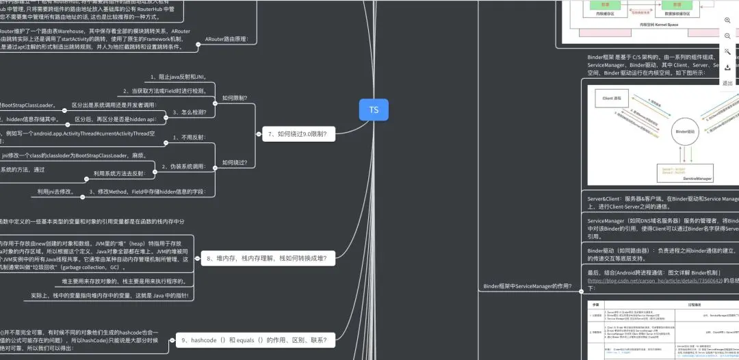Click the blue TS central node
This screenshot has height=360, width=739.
pos(374,110)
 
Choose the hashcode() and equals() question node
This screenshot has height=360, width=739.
pos(253,339)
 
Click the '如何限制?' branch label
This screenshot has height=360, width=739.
pos(235,99)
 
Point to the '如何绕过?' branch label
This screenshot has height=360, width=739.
pos(235,163)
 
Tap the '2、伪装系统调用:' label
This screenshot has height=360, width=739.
pos(183,166)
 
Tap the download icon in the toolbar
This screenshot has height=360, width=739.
pos(727,68)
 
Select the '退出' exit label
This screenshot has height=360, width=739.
pos(727,83)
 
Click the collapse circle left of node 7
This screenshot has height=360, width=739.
pos(257,135)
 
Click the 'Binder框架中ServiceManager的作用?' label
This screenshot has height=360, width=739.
pos(528,286)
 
